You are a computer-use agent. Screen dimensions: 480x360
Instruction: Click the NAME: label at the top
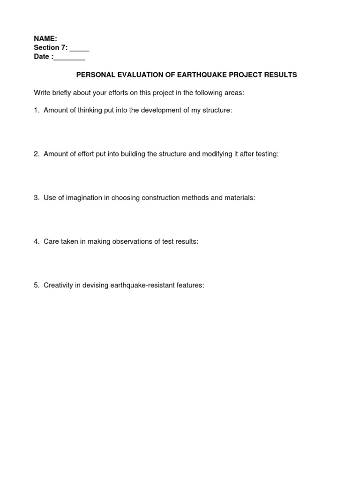(x=45, y=39)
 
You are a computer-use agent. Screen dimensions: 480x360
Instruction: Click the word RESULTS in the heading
(x=281, y=75)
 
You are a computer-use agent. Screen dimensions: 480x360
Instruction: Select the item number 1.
(x=36, y=110)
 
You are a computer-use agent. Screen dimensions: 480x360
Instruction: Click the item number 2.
(x=36, y=154)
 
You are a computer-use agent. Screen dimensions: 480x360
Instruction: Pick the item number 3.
(x=36, y=198)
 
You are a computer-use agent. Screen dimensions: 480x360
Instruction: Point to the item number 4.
(x=36, y=241)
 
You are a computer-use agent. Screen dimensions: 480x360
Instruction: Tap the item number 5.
(x=36, y=285)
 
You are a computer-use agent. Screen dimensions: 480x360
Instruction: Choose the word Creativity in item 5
(x=58, y=285)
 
